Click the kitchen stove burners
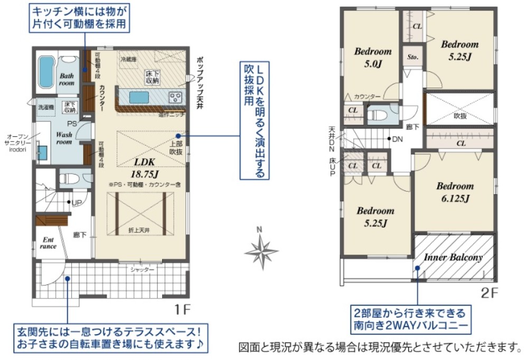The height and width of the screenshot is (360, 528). (x=175, y=98)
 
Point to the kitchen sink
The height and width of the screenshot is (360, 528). (x=139, y=98)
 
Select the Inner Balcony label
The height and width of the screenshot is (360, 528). (x=453, y=258)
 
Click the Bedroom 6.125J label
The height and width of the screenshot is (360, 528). (x=455, y=192)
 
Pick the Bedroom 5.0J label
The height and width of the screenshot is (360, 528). (x=373, y=58)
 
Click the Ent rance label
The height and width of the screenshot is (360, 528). (x=48, y=243)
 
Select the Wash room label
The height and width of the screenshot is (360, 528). (x=64, y=138)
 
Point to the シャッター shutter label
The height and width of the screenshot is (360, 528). (x=143, y=270)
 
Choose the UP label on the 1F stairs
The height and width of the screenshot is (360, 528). (x=77, y=203)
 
